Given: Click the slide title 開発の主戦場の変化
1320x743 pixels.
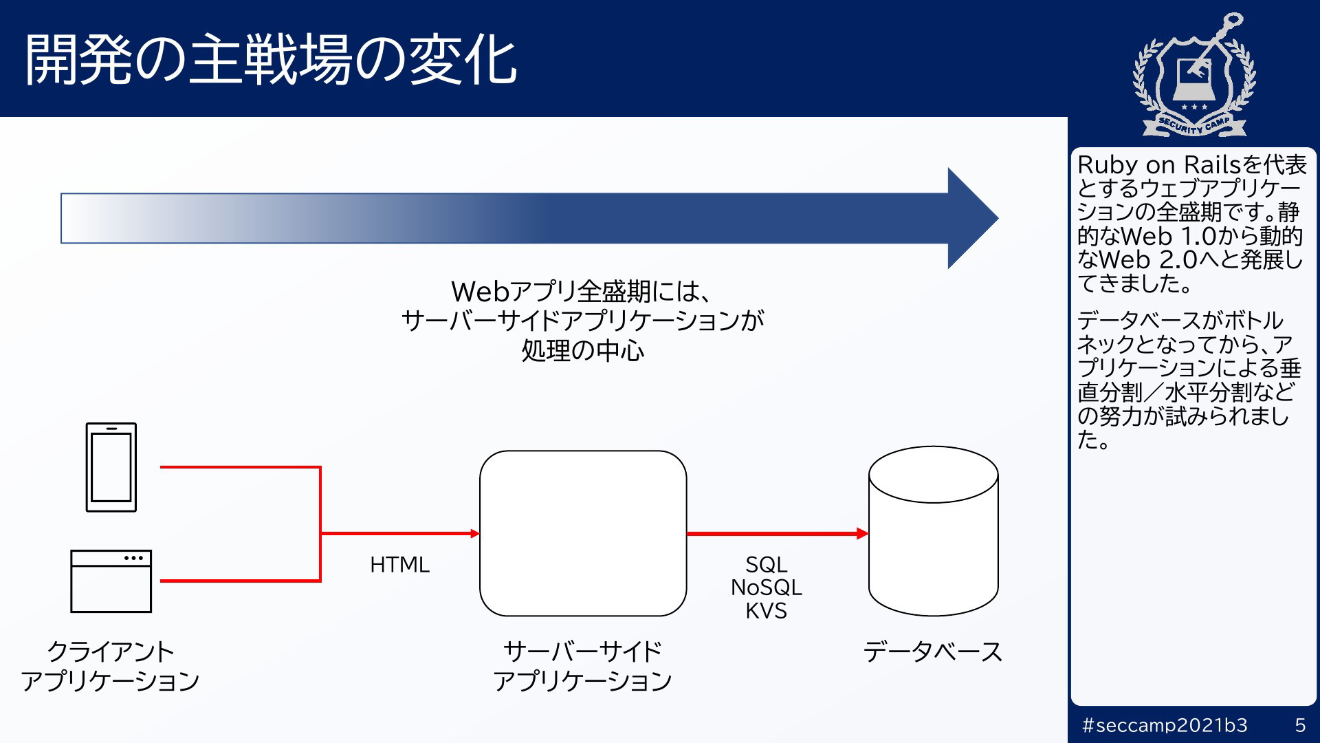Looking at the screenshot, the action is [x=270, y=60].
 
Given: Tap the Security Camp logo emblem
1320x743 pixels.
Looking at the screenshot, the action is [x=1195, y=74].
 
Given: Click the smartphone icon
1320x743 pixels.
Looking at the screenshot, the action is [x=111, y=467].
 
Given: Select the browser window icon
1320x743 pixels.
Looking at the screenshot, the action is [x=111, y=581].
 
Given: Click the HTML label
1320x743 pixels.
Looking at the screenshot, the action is [x=399, y=565].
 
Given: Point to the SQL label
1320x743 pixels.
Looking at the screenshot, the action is [x=767, y=565].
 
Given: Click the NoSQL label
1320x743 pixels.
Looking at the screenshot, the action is [x=767, y=588].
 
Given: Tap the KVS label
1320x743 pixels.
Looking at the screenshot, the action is [x=767, y=611].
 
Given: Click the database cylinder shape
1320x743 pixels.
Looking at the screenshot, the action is [x=934, y=531].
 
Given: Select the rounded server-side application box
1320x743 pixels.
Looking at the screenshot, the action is [x=583, y=533].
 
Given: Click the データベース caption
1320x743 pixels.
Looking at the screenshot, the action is [x=933, y=652].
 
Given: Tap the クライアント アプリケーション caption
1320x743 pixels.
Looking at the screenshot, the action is [x=110, y=666].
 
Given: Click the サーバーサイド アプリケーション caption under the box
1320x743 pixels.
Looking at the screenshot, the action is [x=583, y=666].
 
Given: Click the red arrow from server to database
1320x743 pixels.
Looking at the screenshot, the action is [x=778, y=533].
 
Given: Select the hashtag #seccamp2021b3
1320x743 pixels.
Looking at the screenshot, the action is [x=1165, y=725].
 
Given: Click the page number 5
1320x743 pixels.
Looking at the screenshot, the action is [x=1300, y=725].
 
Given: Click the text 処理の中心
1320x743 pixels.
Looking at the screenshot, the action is [x=583, y=351].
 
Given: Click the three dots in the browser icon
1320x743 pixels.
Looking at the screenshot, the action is [x=134, y=558].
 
